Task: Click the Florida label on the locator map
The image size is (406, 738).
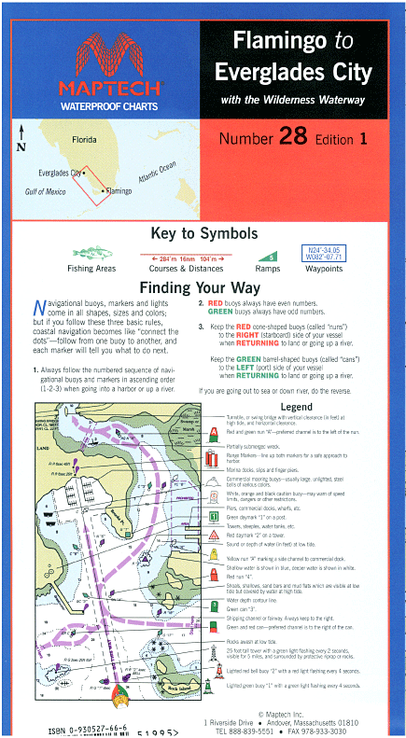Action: (x=91, y=139)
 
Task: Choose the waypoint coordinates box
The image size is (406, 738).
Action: (x=325, y=253)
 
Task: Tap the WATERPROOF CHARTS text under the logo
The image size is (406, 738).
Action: (x=101, y=104)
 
